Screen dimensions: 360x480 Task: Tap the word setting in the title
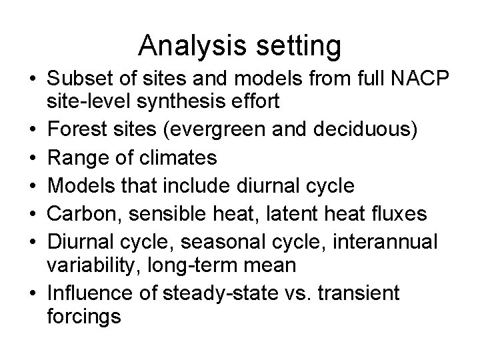[x=300, y=46]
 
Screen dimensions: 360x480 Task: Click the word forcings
[x=84, y=315]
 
